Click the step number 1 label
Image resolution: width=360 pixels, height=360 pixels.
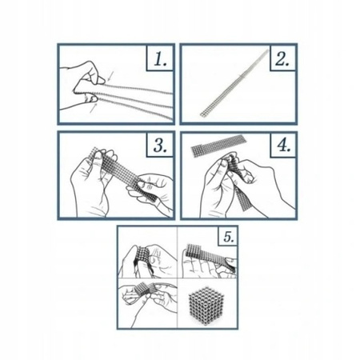click(x=160, y=59)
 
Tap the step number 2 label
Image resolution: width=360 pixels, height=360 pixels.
click(x=282, y=59)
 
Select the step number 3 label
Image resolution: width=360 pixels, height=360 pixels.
click(x=160, y=146)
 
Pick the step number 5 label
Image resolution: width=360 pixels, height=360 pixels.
click(x=229, y=237)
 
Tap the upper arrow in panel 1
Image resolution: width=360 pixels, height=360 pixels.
click(x=111, y=75)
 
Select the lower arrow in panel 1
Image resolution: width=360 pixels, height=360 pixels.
click(x=94, y=108)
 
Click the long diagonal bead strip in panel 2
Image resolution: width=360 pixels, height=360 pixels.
click(x=234, y=83)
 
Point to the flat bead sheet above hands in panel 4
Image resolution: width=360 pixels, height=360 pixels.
click(x=217, y=146)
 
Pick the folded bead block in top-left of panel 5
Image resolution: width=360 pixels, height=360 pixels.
click(x=142, y=257)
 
